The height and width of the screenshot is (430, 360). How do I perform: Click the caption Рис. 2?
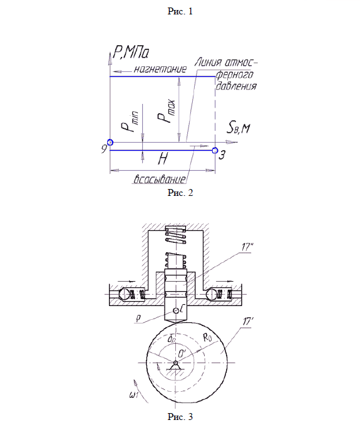point(180,193)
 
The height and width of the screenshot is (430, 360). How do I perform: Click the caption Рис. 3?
point(180,417)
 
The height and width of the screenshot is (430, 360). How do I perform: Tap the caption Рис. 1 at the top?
point(180,11)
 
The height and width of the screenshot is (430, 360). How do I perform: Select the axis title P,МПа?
point(131,53)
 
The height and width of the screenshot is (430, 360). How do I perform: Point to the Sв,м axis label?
point(238,128)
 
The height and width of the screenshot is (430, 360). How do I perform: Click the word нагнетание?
point(160,69)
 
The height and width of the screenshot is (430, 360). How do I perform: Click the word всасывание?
point(160,179)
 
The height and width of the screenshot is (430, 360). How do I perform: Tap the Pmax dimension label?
point(166,111)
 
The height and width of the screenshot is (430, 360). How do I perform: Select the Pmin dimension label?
point(130,121)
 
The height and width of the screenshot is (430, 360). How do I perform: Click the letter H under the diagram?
point(163,158)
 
